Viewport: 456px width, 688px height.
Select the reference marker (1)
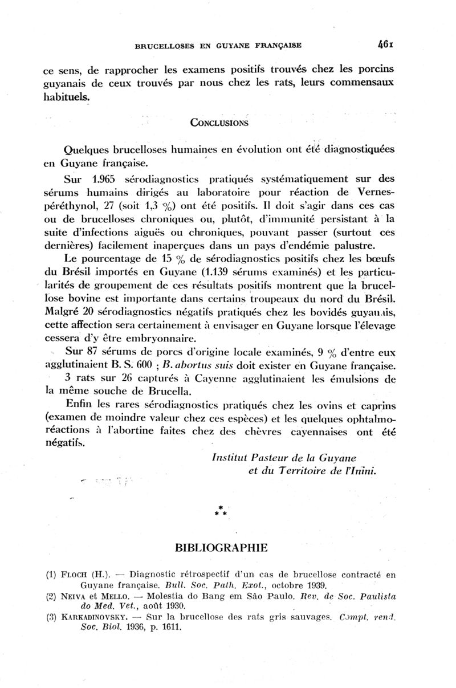point(50,575)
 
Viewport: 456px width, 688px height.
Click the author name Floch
point(74,575)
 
